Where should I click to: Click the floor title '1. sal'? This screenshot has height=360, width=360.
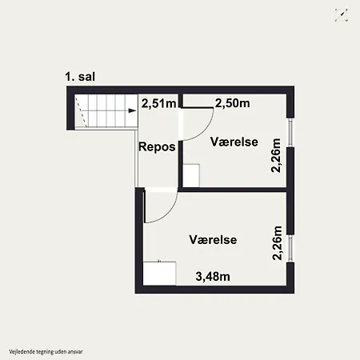pos(80,77)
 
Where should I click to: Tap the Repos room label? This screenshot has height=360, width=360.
pos(157,147)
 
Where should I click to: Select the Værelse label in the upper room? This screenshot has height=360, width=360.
pos(234,142)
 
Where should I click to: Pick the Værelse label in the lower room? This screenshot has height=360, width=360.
pos(213,240)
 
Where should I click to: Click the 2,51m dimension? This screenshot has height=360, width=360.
pos(158,103)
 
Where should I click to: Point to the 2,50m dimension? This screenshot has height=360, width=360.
pos(233,103)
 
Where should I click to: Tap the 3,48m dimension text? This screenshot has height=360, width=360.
pos(213,277)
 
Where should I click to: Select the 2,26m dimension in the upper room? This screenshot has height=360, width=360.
pos(276,155)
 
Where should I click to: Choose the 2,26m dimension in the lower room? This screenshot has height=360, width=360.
pos(277,243)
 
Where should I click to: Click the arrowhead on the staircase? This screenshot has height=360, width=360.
pos(132,110)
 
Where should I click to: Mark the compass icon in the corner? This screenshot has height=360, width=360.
pos(342,15)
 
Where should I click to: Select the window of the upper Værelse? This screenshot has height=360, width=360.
pos(290,133)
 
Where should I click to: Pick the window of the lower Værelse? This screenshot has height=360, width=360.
pos(290,249)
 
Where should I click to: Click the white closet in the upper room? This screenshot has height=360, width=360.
pos(191,175)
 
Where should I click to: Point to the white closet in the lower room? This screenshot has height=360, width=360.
pos(159,274)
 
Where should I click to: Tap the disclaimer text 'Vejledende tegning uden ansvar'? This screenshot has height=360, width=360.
pos(46,352)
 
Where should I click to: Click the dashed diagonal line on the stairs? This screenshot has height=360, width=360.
pos(81,112)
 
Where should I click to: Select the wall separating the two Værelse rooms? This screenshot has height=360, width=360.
pos(233,190)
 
